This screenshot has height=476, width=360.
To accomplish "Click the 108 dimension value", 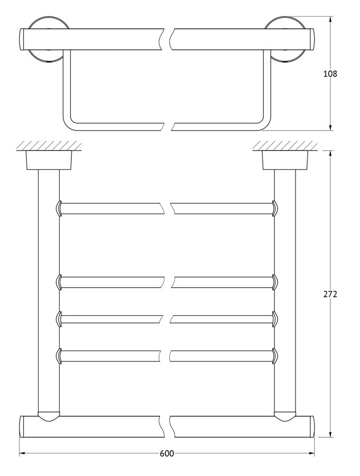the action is click(330, 74).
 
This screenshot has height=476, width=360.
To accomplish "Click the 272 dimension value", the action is click(330, 294).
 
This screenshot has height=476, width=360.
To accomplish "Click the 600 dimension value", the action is click(167, 462).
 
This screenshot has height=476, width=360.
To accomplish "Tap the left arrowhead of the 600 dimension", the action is click(22, 462).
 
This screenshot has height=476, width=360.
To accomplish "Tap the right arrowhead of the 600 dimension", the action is click(312, 462).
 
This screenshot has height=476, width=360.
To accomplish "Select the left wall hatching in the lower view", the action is click(49, 145).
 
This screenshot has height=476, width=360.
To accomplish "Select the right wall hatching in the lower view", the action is click(285, 145).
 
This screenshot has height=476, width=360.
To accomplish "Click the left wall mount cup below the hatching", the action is click(49, 160).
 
